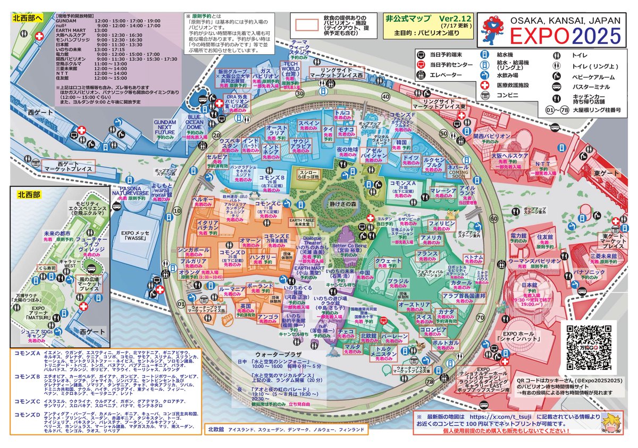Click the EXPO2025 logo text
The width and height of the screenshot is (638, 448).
point(566,36)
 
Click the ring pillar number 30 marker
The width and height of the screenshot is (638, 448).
point(300,93)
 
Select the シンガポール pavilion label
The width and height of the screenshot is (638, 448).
point(193,249)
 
